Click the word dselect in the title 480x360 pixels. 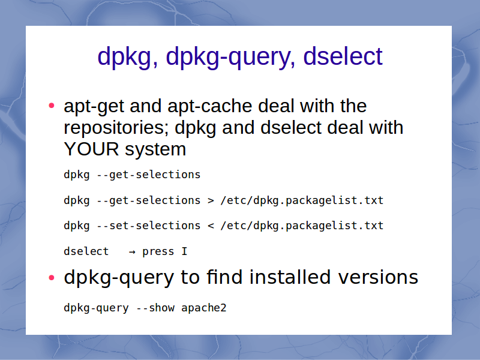[x=343, y=56]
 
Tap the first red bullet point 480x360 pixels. [x=52, y=106]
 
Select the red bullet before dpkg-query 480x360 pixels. [x=52, y=278]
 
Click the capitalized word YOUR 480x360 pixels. [x=91, y=149]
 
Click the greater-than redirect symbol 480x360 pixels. [x=211, y=201]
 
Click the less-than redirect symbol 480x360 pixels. [x=211, y=226]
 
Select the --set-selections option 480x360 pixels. [x=148, y=226]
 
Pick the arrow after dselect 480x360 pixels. [x=132, y=252]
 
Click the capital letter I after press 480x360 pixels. [x=184, y=251]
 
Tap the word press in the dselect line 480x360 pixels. [x=158, y=252]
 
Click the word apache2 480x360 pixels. [x=203, y=308]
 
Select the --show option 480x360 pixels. [x=155, y=308]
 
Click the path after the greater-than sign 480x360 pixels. [x=302, y=200]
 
